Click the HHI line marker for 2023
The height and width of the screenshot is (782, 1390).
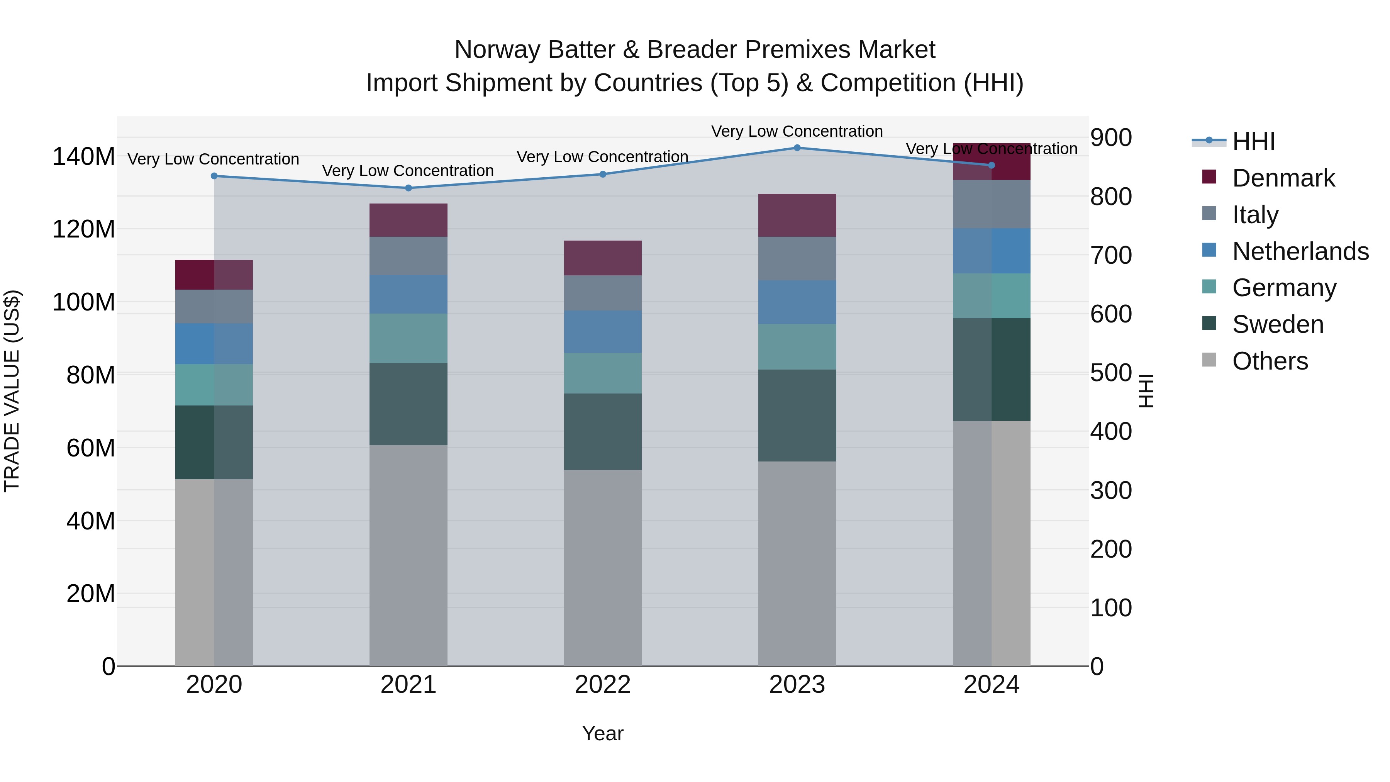tap(797, 148)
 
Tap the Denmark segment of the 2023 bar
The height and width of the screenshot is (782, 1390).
tap(797, 215)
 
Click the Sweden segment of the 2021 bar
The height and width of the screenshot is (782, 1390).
tap(409, 404)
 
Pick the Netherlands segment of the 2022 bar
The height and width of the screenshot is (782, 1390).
tap(603, 332)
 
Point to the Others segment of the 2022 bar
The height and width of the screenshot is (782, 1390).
tap(603, 568)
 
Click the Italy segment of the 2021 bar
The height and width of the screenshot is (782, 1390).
tap(409, 256)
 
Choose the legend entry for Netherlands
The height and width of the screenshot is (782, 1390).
tap(1300, 251)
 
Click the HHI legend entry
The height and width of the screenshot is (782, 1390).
tap(1253, 141)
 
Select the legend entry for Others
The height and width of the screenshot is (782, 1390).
tap(1270, 361)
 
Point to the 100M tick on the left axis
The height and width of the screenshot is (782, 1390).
tap(84, 302)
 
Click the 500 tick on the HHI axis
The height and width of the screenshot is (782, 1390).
tap(1110, 373)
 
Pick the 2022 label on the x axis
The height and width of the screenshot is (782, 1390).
tap(603, 685)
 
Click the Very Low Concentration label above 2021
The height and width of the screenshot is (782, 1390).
tap(408, 171)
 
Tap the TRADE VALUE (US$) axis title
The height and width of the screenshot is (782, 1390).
tap(12, 391)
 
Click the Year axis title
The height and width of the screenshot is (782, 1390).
tap(603, 733)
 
